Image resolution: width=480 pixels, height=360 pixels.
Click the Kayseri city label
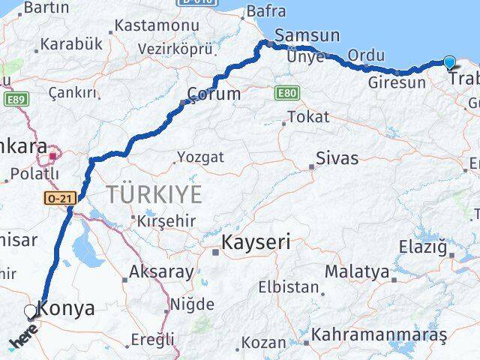(256, 244)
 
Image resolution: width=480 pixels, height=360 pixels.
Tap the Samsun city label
(307, 35)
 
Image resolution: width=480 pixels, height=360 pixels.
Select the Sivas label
(337, 159)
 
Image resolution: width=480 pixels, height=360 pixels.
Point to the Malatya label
(357, 271)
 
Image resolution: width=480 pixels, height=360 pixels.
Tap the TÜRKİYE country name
(154, 194)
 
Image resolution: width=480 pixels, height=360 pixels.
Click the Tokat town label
(308, 117)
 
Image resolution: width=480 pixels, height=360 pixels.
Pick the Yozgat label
(199, 157)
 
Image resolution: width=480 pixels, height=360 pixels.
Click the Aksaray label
(162, 271)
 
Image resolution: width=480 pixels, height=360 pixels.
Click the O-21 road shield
(58, 198)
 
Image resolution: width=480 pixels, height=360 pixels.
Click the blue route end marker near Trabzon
(449, 63)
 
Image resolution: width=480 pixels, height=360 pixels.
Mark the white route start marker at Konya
(30, 310)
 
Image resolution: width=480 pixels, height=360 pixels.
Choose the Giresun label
(397, 82)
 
